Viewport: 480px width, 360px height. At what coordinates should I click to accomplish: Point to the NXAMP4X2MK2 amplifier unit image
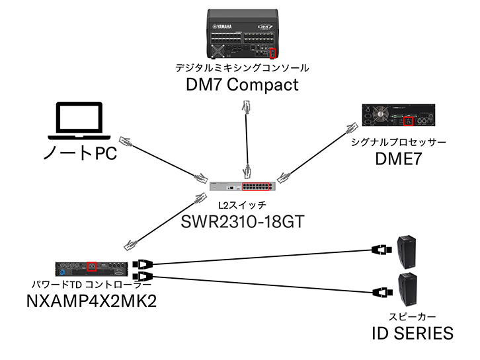point(90,266)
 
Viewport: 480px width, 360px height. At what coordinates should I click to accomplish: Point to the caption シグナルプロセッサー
point(398,143)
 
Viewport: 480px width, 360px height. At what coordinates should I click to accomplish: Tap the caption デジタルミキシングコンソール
point(242,68)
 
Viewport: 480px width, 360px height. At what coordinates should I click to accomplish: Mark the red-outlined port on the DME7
point(408,121)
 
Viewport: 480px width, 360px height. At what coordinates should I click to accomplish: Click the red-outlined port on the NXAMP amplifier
point(91,267)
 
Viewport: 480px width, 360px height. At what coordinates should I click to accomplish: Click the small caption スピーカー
point(411,316)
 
